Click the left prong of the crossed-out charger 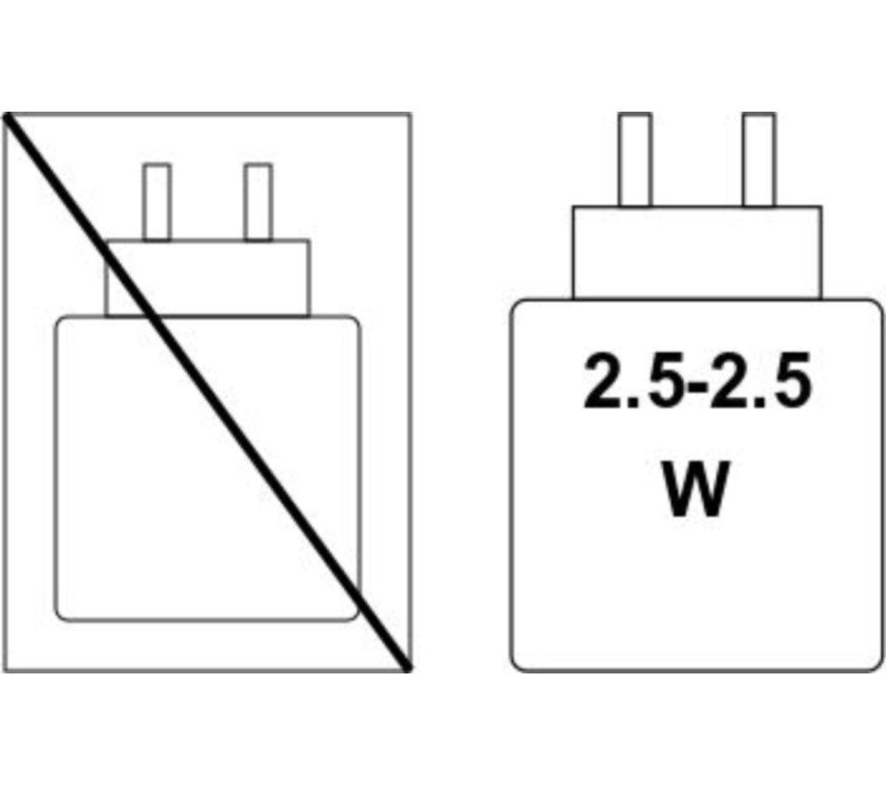point(157,202)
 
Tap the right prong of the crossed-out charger point(258,202)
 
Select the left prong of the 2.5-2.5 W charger point(634,160)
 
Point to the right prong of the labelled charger point(759,160)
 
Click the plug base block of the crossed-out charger point(207,278)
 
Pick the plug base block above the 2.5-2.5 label point(696,252)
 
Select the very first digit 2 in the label point(602,380)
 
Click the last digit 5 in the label point(792,380)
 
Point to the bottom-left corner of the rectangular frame point(4,671)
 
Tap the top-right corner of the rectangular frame point(410,114)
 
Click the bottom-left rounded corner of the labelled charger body point(516,665)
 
